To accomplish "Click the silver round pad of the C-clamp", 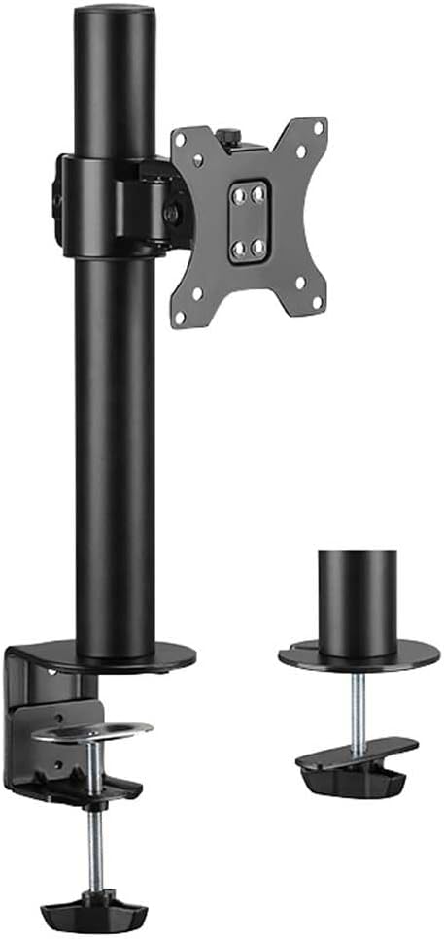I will click(92, 729).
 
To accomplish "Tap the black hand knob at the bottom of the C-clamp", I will click(93, 913).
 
